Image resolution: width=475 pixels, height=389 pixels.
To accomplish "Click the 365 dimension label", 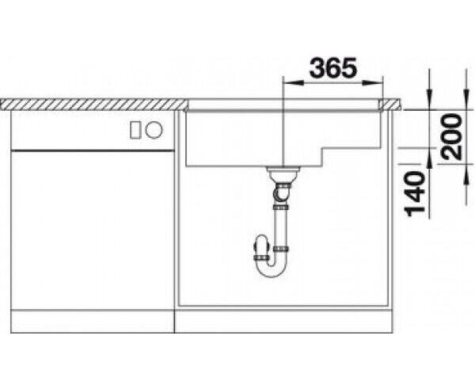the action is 332,67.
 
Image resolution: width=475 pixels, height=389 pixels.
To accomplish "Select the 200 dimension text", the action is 452,136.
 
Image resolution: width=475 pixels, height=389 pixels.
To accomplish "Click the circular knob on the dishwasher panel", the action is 154,130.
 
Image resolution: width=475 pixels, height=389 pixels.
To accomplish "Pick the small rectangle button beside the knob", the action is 135,130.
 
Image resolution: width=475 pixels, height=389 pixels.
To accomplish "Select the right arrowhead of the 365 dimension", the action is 373,82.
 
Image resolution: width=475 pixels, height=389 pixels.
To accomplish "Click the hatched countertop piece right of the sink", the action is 391,105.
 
